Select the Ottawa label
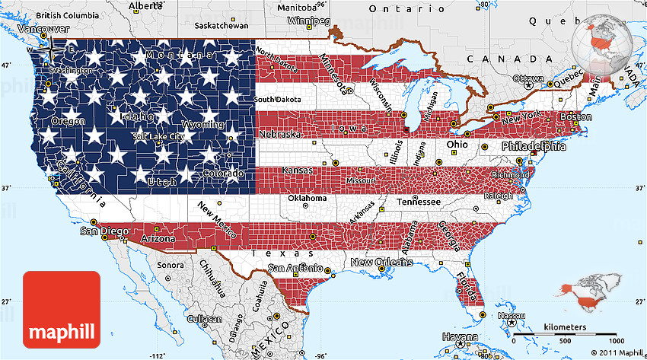click(528, 78)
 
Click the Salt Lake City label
click(158, 137)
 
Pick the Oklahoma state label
click(307, 198)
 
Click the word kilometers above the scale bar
click(564, 327)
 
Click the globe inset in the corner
click(606, 37)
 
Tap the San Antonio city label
click(295, 267)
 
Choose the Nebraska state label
click(279, 134)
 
